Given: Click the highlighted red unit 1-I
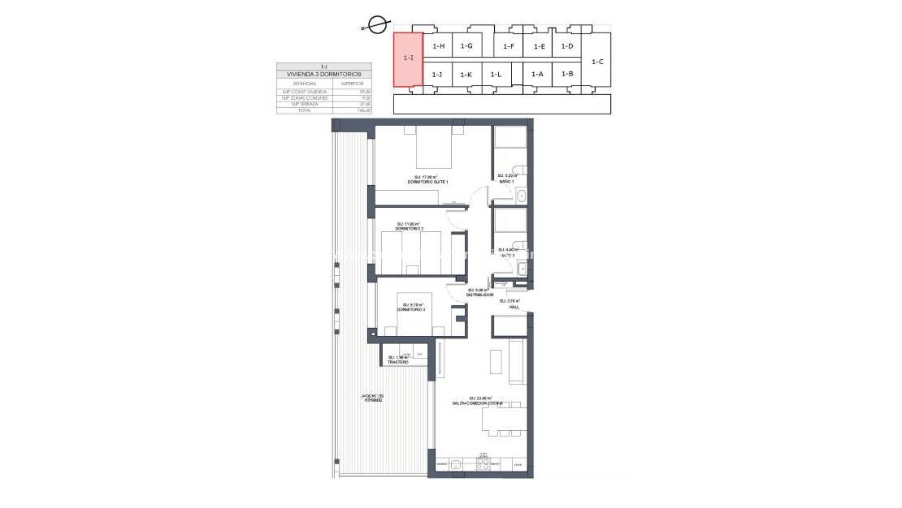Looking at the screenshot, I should pos(408,58).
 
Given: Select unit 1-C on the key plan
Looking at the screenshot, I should pos(597,62).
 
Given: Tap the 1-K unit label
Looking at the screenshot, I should pos(466,75).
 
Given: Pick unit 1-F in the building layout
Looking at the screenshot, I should pos(509,46).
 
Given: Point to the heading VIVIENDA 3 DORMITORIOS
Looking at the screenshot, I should pos(324,74).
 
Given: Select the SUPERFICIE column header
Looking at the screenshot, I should pos(352,83).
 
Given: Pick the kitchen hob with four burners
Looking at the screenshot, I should pos(484,464).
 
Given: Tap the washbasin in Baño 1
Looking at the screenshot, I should pos(523,195).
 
